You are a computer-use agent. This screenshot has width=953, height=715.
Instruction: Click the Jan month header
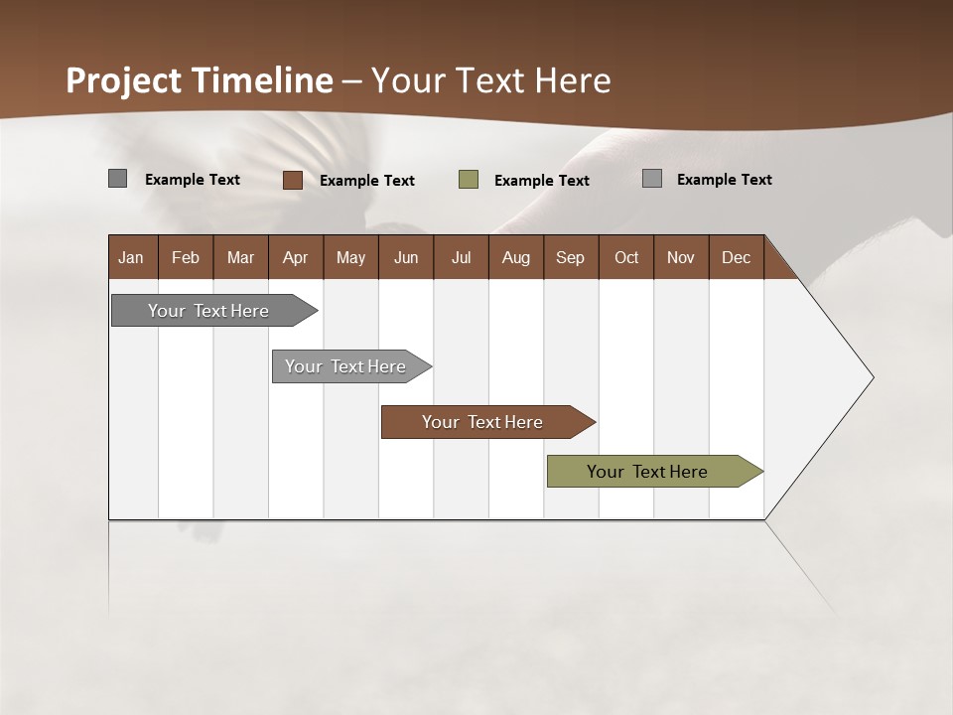click(131, 257)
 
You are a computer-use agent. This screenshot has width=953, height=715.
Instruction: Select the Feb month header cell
click(186, 257)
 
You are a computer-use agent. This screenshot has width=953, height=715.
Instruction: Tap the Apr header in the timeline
click(295, 257)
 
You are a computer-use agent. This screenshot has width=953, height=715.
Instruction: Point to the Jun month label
click(406, 257)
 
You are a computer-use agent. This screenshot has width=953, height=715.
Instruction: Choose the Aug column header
click(515, 257)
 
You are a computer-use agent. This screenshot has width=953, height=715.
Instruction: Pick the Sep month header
click(570, 257)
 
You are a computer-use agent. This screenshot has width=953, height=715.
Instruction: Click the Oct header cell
click(626, 257)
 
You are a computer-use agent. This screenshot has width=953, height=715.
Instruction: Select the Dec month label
click(736, 257)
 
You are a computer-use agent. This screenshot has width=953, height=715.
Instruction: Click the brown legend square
click(293, 180)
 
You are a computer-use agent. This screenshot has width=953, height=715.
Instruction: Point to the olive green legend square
click(469, 180)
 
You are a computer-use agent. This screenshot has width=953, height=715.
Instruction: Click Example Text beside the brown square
click(366, 181)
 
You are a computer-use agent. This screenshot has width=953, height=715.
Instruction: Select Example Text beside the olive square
click(541, 181)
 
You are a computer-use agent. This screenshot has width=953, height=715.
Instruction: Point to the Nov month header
click(680, 257)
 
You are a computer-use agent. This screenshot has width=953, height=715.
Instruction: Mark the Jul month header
click(461, 257)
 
